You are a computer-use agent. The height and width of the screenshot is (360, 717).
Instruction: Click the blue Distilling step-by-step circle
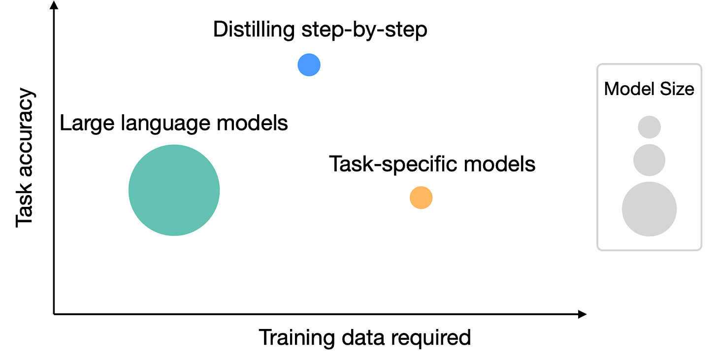tap(309, 65)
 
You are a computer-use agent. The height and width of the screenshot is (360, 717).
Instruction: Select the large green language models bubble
tap(174, 190)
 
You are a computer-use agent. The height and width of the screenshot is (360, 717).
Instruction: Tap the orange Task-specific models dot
tap(421, 198)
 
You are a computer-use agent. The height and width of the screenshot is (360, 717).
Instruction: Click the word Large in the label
tap(84, 123)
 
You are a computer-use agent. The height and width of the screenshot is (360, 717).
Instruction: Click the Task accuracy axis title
tap(25, 158)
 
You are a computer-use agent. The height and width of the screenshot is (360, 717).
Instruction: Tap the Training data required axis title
tap(364, 338)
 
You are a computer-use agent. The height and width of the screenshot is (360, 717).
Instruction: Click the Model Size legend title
tap(649, 89)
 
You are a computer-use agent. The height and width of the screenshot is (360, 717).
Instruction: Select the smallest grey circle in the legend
tap(649, 127)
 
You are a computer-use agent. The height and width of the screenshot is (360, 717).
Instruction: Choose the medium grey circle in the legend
tap(649, 160)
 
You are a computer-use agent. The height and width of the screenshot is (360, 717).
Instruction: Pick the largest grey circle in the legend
tap(649, 209)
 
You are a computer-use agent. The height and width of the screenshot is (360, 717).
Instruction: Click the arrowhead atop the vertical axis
tap(54, 6)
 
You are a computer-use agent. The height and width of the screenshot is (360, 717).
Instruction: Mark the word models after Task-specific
tap(502, 164)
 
